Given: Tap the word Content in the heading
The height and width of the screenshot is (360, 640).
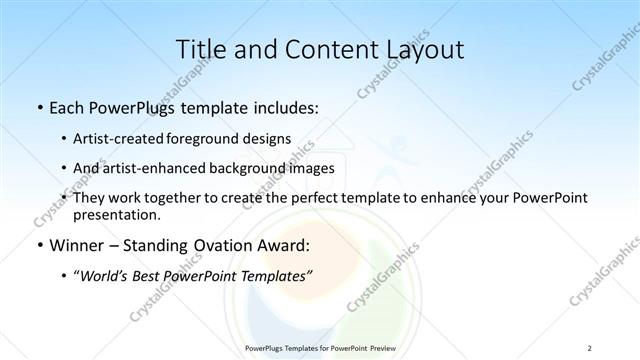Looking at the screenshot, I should click(320, 49).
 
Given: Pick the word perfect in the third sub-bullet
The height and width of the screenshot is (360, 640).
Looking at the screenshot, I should click(315, 199).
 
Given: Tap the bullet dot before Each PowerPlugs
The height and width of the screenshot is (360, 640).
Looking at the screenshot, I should click(38, 106).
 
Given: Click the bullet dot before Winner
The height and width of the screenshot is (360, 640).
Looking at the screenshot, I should click(38, 246).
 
